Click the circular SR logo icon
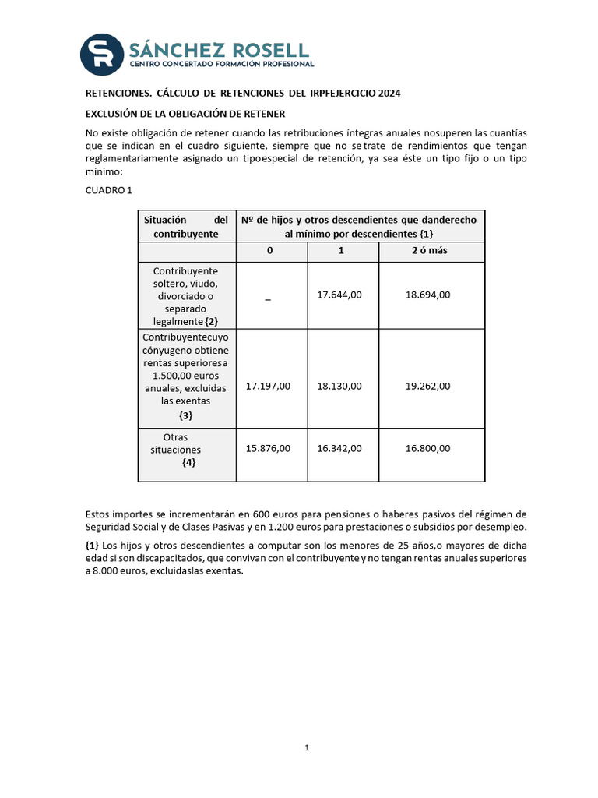[103, 54]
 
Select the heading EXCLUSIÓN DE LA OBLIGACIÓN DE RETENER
[185, 114]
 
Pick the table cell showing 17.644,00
[339, 295]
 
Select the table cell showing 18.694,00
[427, 295]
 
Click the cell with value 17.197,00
[268, 386]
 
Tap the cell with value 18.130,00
[339, 386]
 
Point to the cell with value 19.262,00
[427, 386]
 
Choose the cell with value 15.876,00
[268, 448]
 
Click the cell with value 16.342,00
[339, 448]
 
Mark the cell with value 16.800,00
[427, 448]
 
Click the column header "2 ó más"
[429, 251]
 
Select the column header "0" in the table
[269, 251]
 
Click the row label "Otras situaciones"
[176, 443]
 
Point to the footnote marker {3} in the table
[186, 415]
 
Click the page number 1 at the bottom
[308, 748]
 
